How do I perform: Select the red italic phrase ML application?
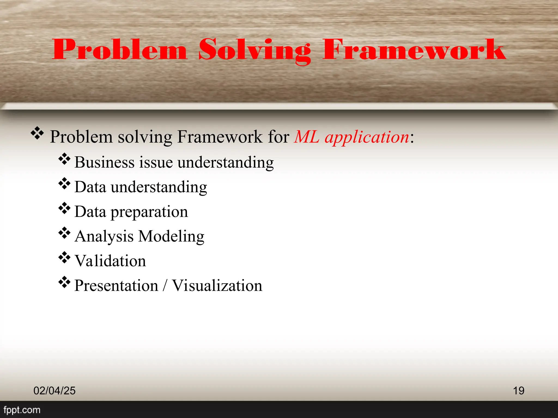[352, 137]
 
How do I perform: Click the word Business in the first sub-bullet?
[104, 162]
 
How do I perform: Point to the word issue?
[156, 162]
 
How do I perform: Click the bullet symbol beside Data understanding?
[64, 184]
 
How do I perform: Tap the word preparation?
[149, 212]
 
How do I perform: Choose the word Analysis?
[104, 236]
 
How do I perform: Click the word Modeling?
[171, 236]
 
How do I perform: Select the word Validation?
[110, 261]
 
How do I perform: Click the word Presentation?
[116, 286]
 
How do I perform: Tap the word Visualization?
[217, 286]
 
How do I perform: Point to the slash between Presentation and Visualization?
[165, 286]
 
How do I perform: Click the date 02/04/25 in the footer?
[54, 391]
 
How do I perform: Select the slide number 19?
[518, 391]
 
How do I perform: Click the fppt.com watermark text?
[22, 410]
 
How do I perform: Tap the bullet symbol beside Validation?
[64, 258]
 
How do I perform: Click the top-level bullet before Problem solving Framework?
[37, 133]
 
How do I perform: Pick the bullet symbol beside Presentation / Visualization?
[64, 282]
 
